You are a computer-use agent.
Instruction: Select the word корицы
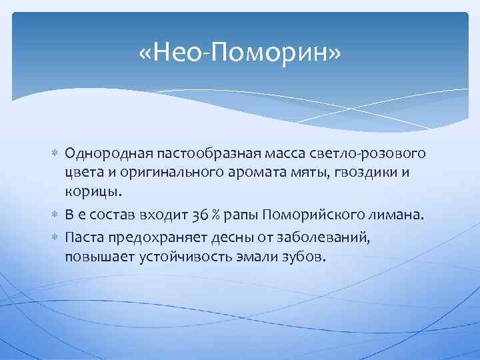point(94,191)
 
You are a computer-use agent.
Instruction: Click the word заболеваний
point(331,238)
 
